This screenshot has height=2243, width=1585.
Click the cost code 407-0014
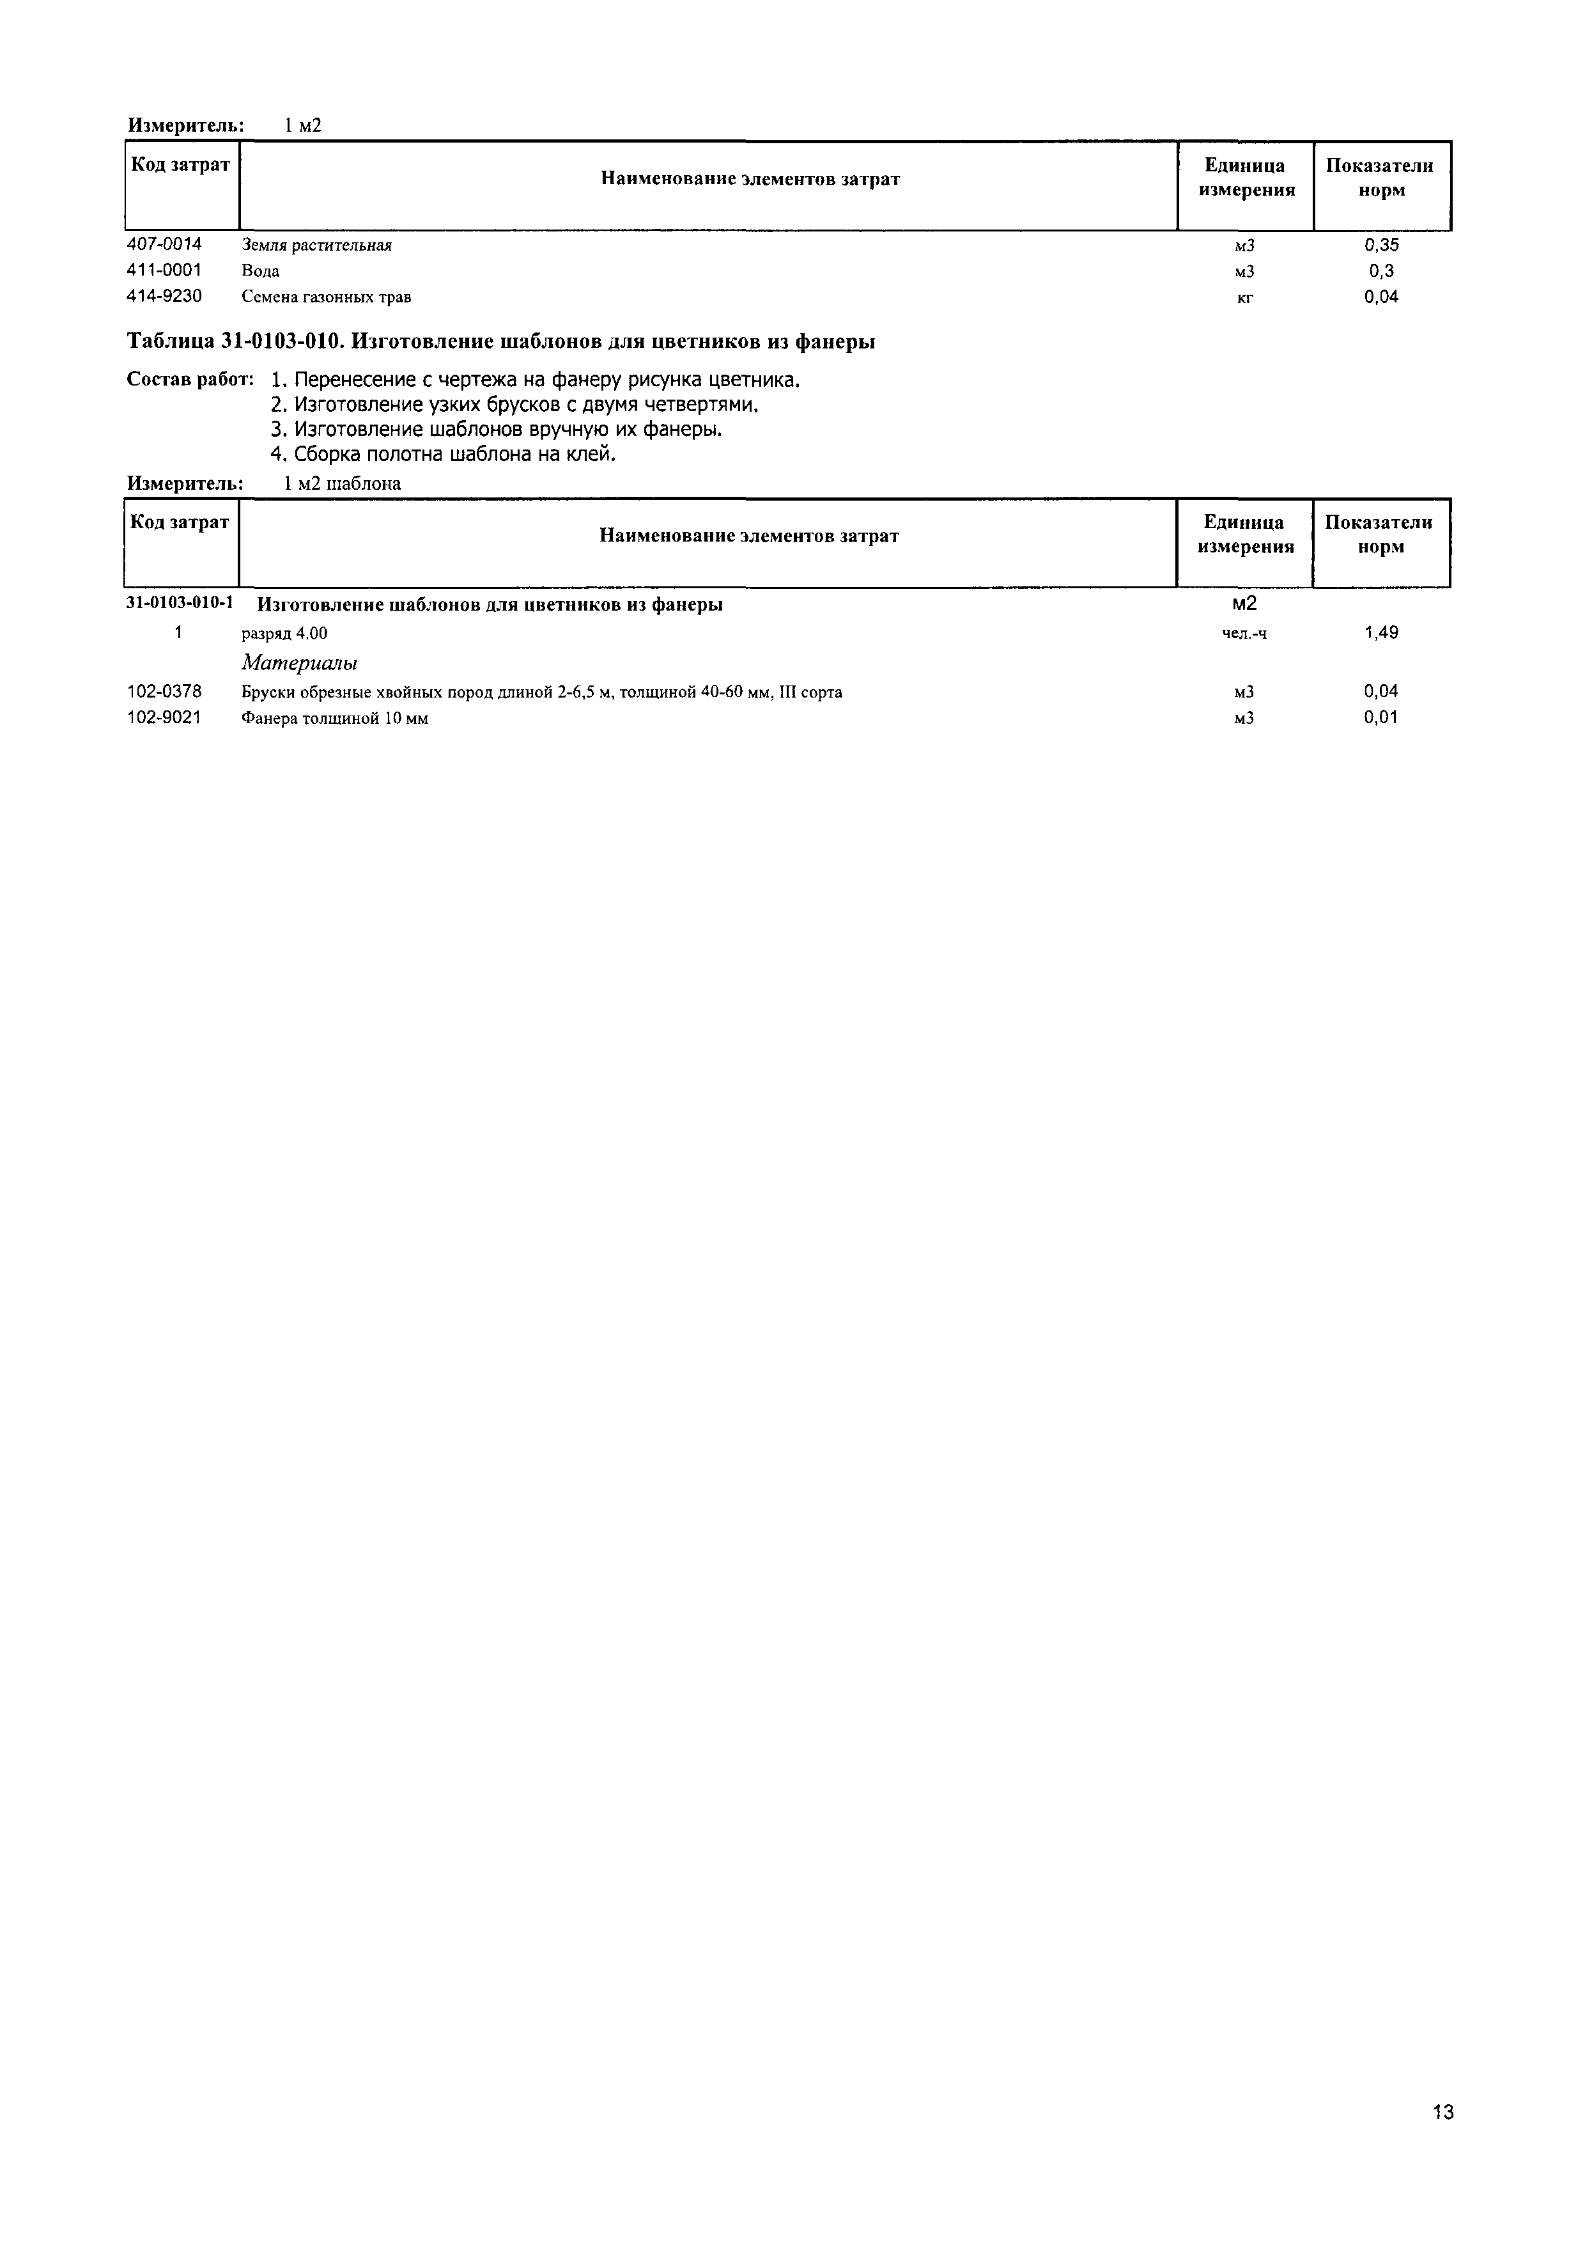[164, 244]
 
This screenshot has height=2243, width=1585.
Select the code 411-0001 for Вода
[164, 270]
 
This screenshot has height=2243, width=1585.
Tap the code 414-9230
[164, 296]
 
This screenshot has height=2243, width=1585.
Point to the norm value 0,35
[1381, 244]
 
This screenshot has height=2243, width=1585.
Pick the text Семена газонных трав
[326, 297]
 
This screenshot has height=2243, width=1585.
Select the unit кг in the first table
[1244, 297]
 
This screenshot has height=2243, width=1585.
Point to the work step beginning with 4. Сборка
[442, 454]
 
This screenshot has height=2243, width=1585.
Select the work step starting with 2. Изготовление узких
[514, 405]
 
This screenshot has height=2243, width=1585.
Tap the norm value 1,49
[1381, 633]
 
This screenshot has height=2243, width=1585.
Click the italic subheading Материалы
[299, 663]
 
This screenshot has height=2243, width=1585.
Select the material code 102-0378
[164, 692]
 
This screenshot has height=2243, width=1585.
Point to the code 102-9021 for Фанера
[164, 718]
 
